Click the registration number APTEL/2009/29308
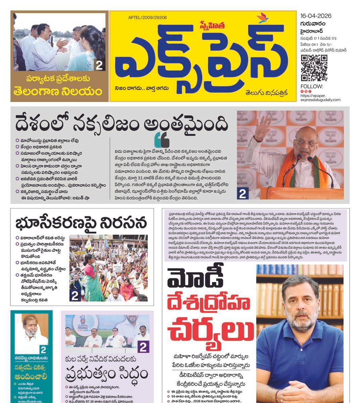pyautogui.click(x=147, y=18)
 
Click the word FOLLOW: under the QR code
pyautogui.click(x=309, y=86)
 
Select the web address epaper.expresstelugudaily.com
pyautogui.click(x=320, y=98)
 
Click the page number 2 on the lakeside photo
pyautogui.click(x=99, y=65)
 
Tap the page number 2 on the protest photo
pyautogui.click(x=75, y=296)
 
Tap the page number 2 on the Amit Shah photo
pyautogui.click(x=243, y=194)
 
